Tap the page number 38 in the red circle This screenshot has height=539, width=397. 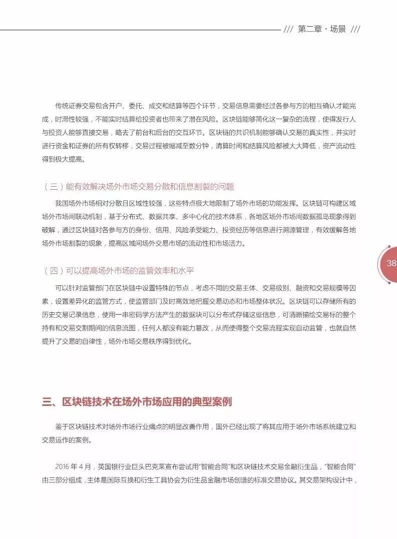tap(391, 264)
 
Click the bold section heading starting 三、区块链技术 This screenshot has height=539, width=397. tap(137, 402)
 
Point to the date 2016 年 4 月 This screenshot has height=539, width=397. tap(74, 467)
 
